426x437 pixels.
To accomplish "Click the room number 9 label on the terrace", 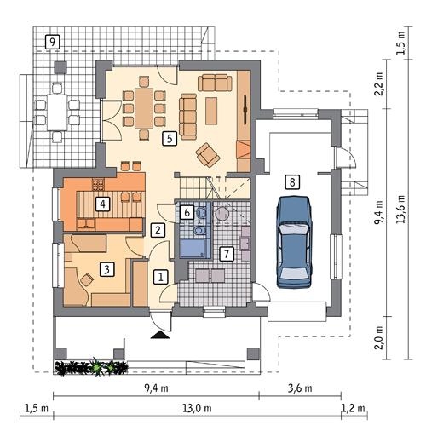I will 53,41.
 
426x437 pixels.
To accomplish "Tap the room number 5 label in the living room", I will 170,136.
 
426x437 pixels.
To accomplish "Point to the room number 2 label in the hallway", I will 158,228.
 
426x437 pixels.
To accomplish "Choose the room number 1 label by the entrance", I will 159,276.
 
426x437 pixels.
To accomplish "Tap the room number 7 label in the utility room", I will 226,253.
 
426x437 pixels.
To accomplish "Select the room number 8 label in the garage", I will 292,181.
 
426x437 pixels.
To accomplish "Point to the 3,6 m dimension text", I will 298,388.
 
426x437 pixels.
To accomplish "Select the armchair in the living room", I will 207,153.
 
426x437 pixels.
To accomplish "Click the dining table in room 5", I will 147,107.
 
